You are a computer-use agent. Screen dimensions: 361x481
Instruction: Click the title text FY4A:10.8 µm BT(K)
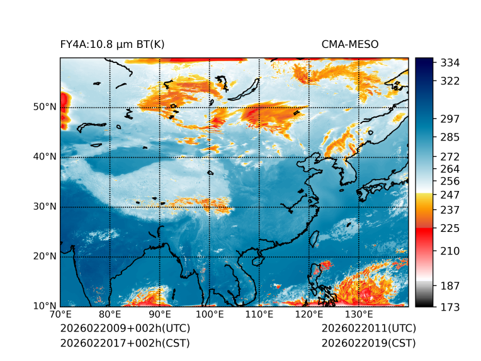pos(113,45)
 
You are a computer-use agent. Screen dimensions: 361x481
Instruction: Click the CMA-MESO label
pos(350,45)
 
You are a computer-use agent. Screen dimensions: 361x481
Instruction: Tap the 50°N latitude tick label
pos(45,107)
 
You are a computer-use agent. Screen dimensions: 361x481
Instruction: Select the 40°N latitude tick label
pos(45,157)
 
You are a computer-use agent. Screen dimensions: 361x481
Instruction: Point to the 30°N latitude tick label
pos(45,207)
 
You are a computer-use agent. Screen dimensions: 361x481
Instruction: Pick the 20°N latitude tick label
pos(45,256)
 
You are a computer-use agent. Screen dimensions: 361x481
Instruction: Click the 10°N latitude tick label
pos(45,306)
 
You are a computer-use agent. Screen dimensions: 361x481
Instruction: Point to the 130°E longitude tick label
pos(358,314)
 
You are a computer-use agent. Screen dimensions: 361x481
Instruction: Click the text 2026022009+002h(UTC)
pos(125,329)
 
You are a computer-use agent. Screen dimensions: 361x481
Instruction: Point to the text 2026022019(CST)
pos(368,343)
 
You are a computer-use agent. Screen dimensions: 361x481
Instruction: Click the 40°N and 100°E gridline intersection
pos(209,157)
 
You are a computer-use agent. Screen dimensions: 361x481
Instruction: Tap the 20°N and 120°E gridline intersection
pos(308,256)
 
